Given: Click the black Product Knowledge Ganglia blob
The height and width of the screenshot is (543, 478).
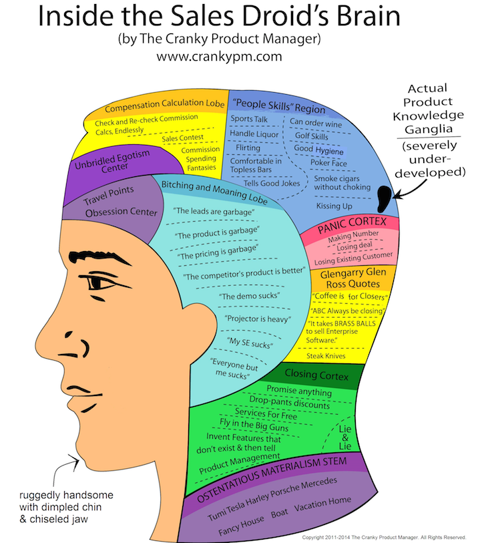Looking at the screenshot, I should [x=384, y=196].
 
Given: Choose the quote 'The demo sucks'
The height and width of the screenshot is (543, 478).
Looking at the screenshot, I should [x=249, y=295].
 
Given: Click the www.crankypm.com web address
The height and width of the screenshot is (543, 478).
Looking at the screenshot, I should [x=219, y=57].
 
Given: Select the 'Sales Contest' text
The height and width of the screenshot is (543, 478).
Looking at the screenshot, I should [x=182, y=138].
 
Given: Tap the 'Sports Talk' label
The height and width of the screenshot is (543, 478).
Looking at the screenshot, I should [x=250, y=119].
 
